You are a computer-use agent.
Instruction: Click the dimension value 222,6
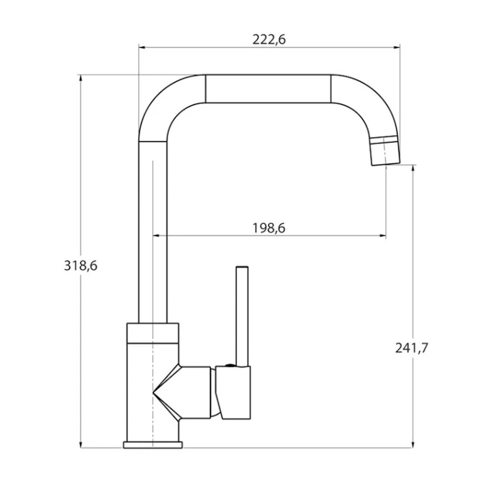pyautogui.click(x=269, y=39)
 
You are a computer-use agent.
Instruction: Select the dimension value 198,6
pyautogui.click(x=269, y=228)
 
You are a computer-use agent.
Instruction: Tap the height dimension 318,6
pyautogui.click(x=81, y=266)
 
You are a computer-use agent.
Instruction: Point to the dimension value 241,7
pyautogui.click(x=412, y=348)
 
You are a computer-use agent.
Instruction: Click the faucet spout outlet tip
pyautogui.click(x=385, y=154)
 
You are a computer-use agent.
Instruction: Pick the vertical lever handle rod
pyautogui.click(x=242, y=314)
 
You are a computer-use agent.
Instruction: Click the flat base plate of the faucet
pyautogui.click(x=153, y=445)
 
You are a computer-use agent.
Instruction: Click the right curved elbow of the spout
pyautogui.click(x=366, y=105)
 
